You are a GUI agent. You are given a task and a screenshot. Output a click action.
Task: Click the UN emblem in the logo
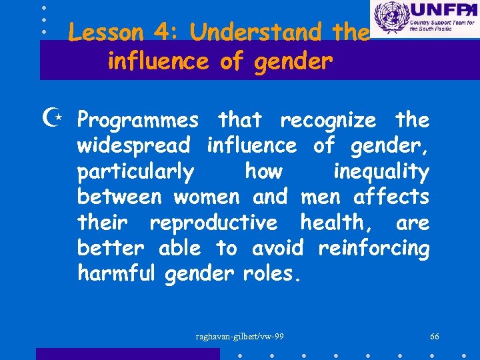point(389,17)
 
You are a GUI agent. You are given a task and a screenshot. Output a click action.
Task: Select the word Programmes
point(138,121)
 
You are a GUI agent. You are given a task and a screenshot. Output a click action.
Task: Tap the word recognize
point(328,121)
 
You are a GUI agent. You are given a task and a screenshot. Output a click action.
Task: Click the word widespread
point(134,145)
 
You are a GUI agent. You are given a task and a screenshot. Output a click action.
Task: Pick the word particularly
point(136,172)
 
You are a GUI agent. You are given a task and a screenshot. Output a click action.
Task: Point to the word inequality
point(381,172)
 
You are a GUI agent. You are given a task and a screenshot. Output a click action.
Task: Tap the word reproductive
point(213,223)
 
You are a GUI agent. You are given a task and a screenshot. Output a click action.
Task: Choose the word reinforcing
point(374,248)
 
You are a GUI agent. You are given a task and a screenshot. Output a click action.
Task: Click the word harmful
point(117,273)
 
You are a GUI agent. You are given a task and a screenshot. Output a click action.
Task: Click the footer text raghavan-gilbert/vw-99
point(240,336)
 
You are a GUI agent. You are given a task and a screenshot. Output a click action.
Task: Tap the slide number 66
point(435,336)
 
